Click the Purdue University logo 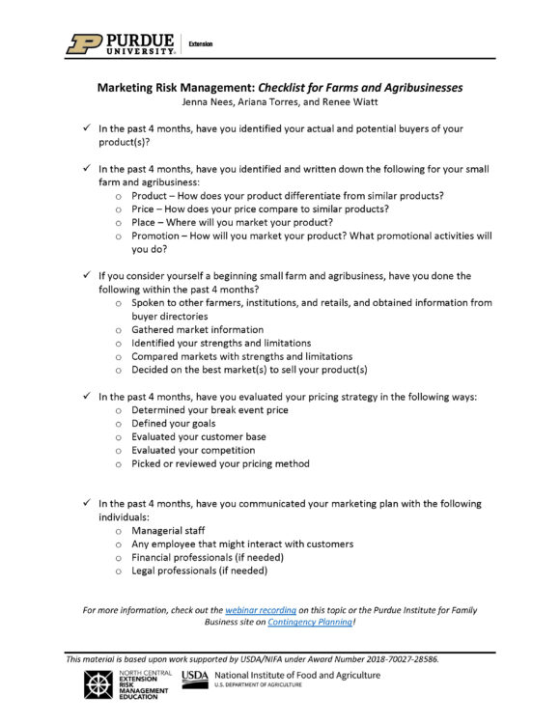pos(121,43)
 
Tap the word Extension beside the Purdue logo pos(201,44)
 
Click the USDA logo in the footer pos(195,676)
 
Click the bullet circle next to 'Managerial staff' pos(118,531)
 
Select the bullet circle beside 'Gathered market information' pos(118,329)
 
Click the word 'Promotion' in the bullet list pos(158,236)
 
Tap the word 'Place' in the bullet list pos(146,222)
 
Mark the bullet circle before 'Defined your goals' pos(118,424)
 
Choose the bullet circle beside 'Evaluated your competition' pos(118,450)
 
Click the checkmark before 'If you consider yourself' pos(87,275)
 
